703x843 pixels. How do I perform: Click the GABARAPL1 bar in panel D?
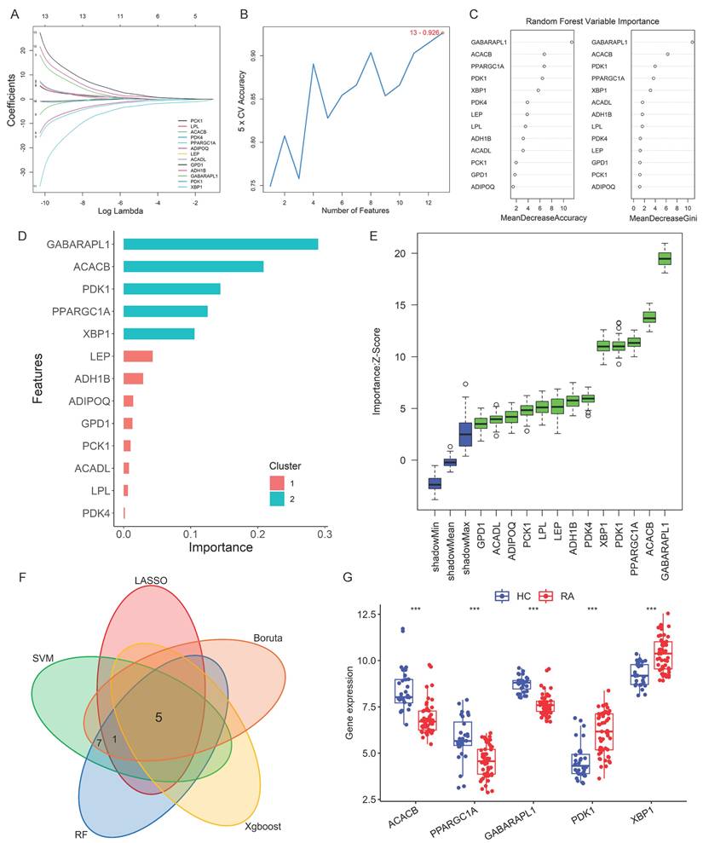click(221, 245)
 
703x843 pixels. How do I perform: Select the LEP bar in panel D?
click(138, 355)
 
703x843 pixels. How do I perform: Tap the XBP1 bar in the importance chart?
click(159, 333)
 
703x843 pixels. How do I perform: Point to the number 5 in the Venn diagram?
click(158, 718)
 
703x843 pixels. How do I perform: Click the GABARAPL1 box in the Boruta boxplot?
click(665, 259)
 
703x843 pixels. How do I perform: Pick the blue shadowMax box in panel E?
click(465, 434)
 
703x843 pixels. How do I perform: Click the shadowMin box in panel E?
click(435, 483)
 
